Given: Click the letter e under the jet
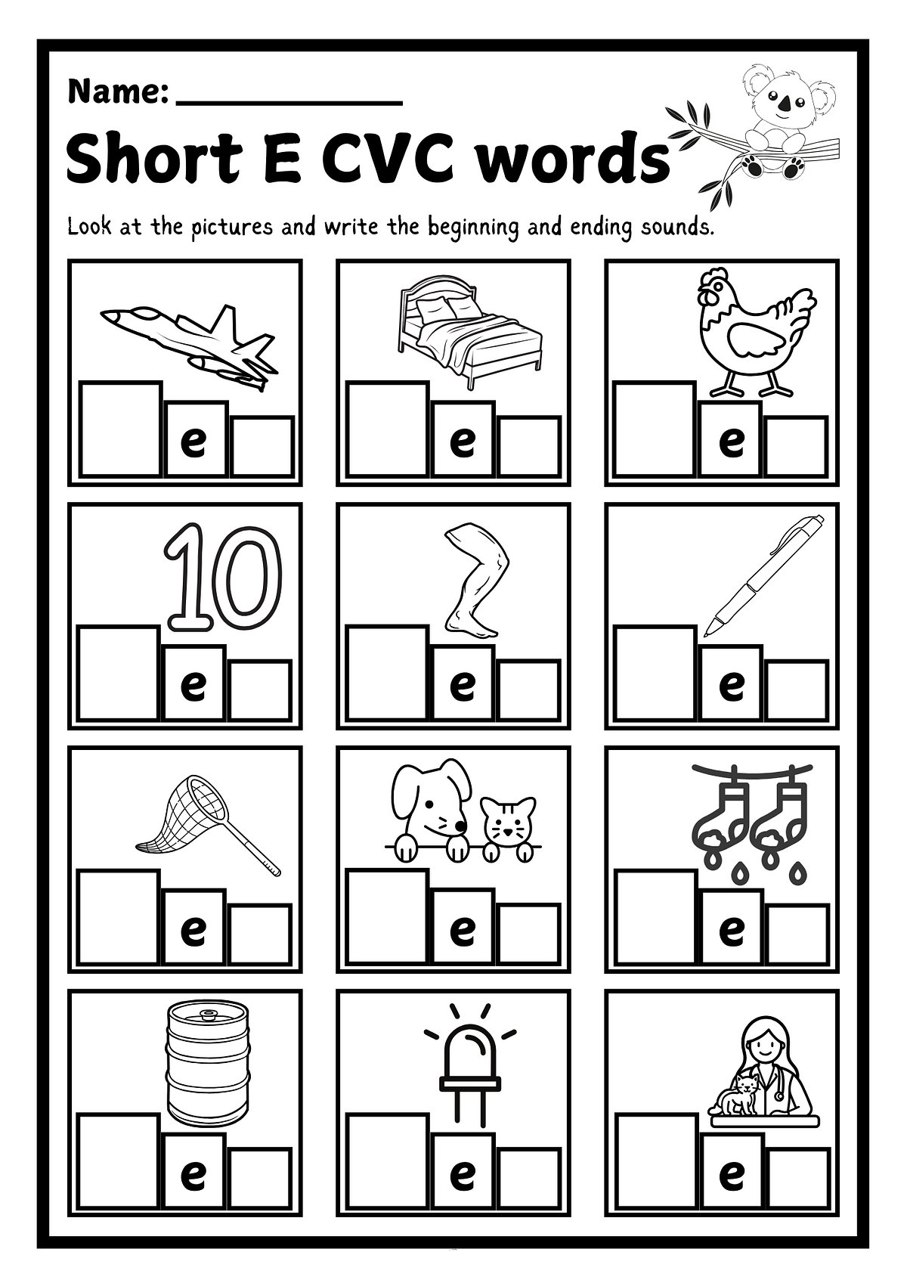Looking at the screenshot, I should click(x=195, y=442).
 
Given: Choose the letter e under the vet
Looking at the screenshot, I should click(x=731, y=1173).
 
